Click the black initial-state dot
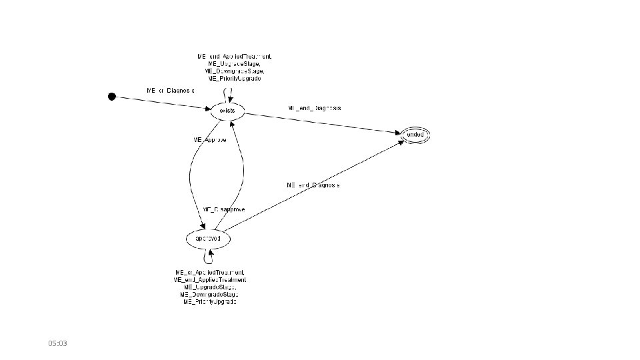(x=112, y=97)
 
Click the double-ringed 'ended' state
(x=415, y=135)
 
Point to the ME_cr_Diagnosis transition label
(x=171, y=90)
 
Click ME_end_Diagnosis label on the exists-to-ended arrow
(x=314, y=108)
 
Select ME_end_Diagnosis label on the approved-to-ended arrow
(x=313, y=185)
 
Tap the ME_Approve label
(x=209, y=141)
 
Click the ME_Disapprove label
(x=224, y=209)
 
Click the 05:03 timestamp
(x=58, y=343)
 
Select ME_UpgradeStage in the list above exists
(x=234, y=63)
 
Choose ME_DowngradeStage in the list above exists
(x=235, y=71)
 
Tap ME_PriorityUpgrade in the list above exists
(x=234, y=78)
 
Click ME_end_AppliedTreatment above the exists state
(x=234, y=56)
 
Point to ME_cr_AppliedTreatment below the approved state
(x=209, y=273)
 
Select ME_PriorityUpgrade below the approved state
(x=209, y=302)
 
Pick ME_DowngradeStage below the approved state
(x=209, y=295)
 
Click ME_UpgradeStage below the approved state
(x=209, y=287)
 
